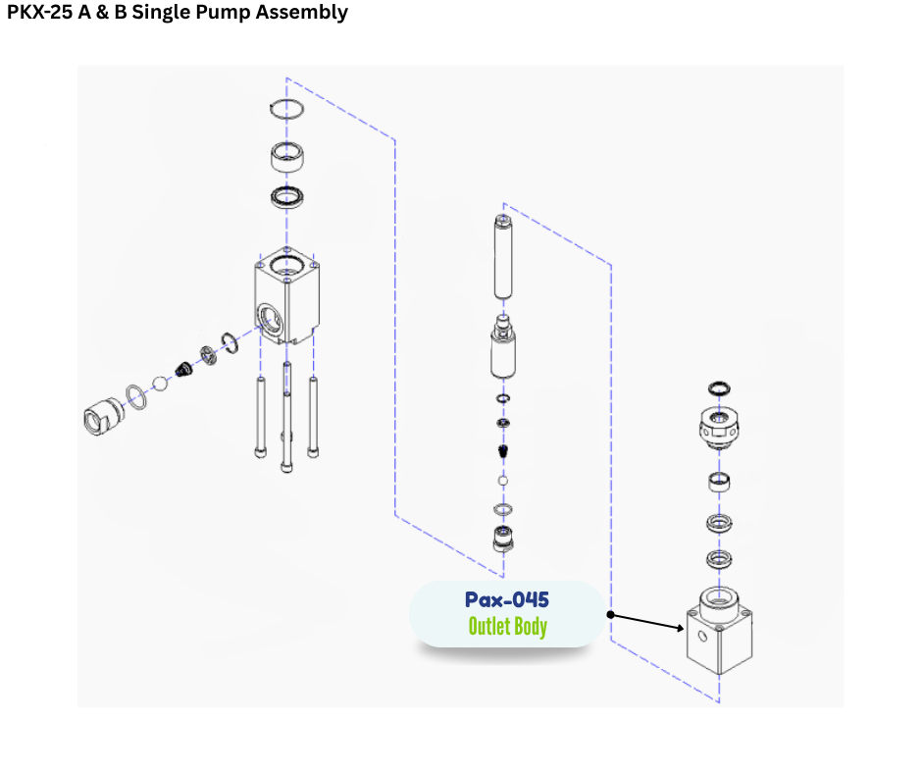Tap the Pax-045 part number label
click(x=506, y=599)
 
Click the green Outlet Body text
click(x=506, y=626)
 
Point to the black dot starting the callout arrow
click(x=610, y=615)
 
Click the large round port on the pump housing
click(x=269, y=316)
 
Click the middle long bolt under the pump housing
click(x=286, y=417)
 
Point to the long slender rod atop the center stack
click(x=503, y=257)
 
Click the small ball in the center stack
click(x=503, y=482)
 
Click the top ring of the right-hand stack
click(x=718, y=389)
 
